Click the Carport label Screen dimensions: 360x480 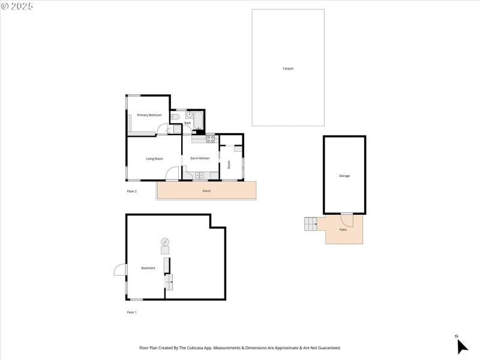click(288, 68)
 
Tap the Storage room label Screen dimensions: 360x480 click(344, 176)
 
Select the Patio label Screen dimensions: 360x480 click(343, 230)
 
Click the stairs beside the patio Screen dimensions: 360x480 click(310, 224)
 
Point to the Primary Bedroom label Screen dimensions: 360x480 click(149, 115)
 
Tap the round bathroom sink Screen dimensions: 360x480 click(188, 113)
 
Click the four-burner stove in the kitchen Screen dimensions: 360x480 click(211, 139)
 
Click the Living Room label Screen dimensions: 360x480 click(155, 158)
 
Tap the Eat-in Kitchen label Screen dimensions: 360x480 click(200, 158)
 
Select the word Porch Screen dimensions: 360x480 click(206, 191)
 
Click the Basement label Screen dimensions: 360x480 click(148, 268)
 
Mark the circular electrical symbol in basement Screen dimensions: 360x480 click(164, 242)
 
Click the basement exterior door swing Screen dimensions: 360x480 click(119, 271)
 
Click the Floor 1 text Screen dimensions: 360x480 click(132, 312)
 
